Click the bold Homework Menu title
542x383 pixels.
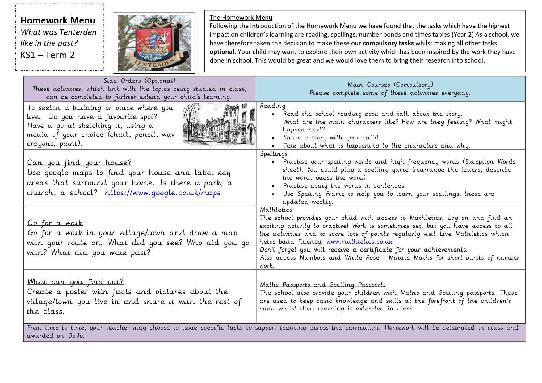click(x=58, y=20)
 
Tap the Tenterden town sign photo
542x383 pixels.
click(x=154, y=43)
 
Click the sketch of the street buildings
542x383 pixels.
click(x=219, y=124)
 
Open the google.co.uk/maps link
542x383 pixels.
click(x=163, y=193)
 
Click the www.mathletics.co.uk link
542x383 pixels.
click(x=359, y=242)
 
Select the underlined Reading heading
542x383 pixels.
click(x=272, y=106)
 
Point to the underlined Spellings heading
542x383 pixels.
click(x=274, y=154)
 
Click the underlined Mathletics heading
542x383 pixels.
click(x=276, y=210)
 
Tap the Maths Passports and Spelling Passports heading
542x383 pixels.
click(x=323, y=285)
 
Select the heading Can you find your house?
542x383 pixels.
click(x=79, y=163)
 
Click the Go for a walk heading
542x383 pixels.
click(x=55, y=223)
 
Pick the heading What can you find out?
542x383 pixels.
click(x=75, y=282)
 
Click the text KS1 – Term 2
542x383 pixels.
click(x=48, y=55)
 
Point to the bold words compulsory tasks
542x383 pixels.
click(x=388, y=43)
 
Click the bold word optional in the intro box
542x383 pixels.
click(x=222, y=52)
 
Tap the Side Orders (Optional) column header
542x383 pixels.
click(x=139, y=81)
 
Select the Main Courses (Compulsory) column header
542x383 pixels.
click(x=390, y=85)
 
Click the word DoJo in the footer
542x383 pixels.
click(x=76, y=336)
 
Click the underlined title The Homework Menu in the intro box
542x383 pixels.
click(x=241, y=18)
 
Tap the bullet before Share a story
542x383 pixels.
click(x=273, y=138)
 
